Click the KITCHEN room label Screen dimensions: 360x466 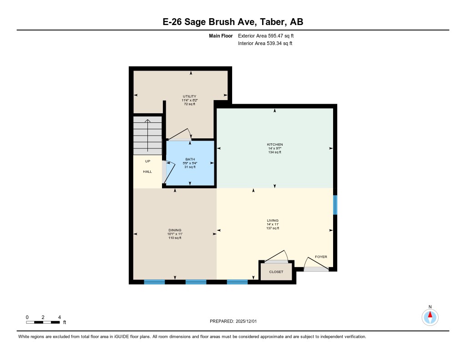point(274,145)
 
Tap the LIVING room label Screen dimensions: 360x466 point(273,220)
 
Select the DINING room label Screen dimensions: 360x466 point(175,230)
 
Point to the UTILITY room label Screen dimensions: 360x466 point(189,96)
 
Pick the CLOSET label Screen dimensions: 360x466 point(276,272)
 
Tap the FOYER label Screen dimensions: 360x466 point(321,257)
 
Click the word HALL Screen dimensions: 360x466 point(147,172)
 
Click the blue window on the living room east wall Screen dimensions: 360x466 point(335,205)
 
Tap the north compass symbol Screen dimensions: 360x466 point(430,316)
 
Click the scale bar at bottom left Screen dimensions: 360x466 point(43,322)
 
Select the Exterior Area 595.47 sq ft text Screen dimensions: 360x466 point(269,35)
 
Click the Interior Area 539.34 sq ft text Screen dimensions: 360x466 point(265,44)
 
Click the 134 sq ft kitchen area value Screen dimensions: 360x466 point(274,152)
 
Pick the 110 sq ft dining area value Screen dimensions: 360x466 point(175,238)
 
